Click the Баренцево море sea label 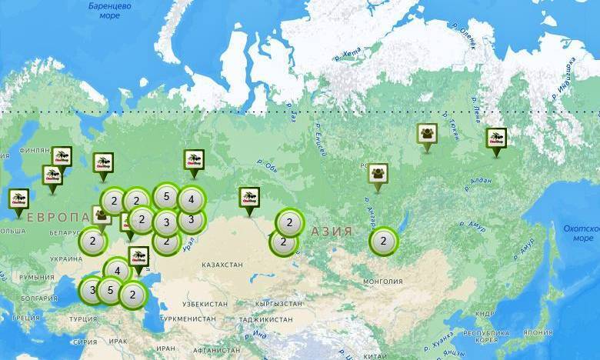[110, 10]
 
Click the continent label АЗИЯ [332, 231]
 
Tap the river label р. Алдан [478, 185]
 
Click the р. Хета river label [348, 54]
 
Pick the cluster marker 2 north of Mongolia [383, 242]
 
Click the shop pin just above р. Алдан [496, 139]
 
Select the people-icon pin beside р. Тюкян [427, 135]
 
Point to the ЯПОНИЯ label [538, 333]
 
